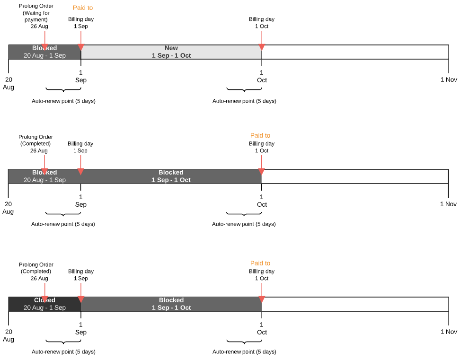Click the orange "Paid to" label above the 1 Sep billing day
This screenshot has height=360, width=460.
[83, 8]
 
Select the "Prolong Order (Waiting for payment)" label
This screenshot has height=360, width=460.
[36, 16]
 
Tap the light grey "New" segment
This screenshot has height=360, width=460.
[171, 52]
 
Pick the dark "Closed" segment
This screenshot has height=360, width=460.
[44, 304]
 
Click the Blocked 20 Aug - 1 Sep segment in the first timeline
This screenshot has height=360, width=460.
[44, 52]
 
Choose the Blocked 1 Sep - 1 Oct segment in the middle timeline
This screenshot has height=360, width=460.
[171, 176]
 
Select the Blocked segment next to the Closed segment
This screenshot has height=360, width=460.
[171, 304]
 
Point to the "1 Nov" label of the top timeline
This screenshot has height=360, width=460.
[449, 79]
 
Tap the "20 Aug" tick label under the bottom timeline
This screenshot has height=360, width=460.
[9, 335]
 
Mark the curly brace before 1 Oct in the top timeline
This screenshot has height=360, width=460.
[244, 90]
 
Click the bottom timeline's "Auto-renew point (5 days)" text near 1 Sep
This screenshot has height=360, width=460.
[63, 351]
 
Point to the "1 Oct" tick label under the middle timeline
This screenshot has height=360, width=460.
[262, 201]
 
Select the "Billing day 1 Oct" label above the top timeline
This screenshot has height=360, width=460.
[262, 23]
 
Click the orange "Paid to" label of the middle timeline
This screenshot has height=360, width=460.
[260, 136]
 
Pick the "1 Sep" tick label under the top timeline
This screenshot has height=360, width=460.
[81, 76]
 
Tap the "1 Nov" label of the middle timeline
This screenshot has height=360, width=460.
[448, 204]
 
